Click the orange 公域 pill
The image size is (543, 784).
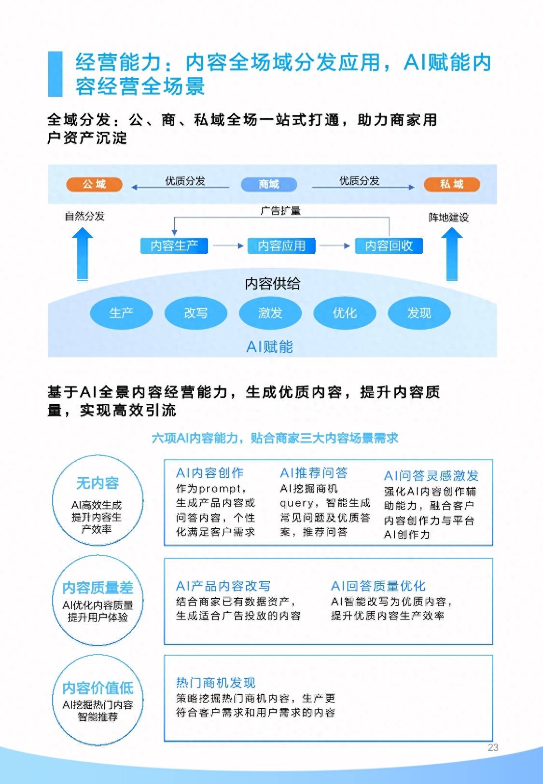tap(94, 184)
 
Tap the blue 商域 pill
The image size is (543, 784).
tap(269, 184)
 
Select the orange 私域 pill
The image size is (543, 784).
tap(452, 184)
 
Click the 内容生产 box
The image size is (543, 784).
tap(174, 246)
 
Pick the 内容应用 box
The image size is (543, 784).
tap(281, 246)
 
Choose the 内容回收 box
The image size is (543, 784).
tap(389, 246)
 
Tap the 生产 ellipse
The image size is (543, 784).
tap(122, 313)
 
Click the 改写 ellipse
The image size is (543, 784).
tap(195, 313)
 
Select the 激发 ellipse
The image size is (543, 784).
tap(270, 313)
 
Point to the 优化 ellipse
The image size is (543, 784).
tap(345, 313)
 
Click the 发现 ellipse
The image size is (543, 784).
tap(419, 313)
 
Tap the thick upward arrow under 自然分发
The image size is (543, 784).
tap(83, 254)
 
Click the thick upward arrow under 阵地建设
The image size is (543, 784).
tap(452, 254)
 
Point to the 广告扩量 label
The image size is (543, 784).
tap(280, 211)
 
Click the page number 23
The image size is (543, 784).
tap(493, 747)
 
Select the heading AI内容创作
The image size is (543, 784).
tap(209, 473)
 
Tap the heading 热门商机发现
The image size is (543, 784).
tap(216, 683)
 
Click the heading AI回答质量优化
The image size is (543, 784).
tap(378, 586)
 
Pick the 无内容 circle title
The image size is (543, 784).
tap(97, 483)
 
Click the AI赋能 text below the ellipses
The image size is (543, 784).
tap(270, 347)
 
